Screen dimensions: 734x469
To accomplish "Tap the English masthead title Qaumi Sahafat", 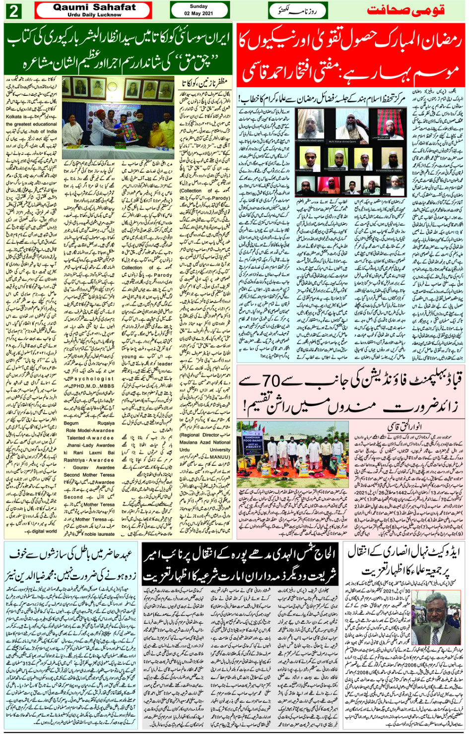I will [x=94, y=7].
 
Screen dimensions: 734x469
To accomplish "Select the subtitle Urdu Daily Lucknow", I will [x=94, y=15].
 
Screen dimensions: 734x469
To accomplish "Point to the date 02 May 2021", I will [x=199, y=13].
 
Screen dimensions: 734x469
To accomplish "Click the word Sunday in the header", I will [x=199, y=6].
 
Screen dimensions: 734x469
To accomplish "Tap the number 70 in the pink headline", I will [x=271, y=382].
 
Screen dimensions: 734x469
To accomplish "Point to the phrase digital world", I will [x=44, y=531].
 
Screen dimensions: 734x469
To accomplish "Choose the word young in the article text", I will [x=129, y=356].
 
